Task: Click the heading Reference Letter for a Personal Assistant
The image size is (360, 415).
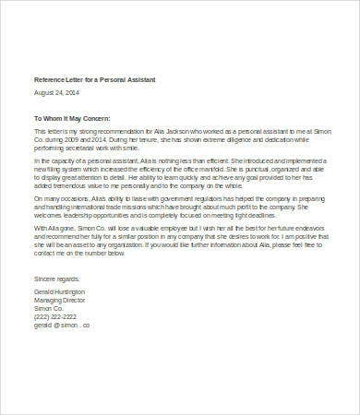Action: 95,80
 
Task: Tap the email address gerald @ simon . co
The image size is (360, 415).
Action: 63,325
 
